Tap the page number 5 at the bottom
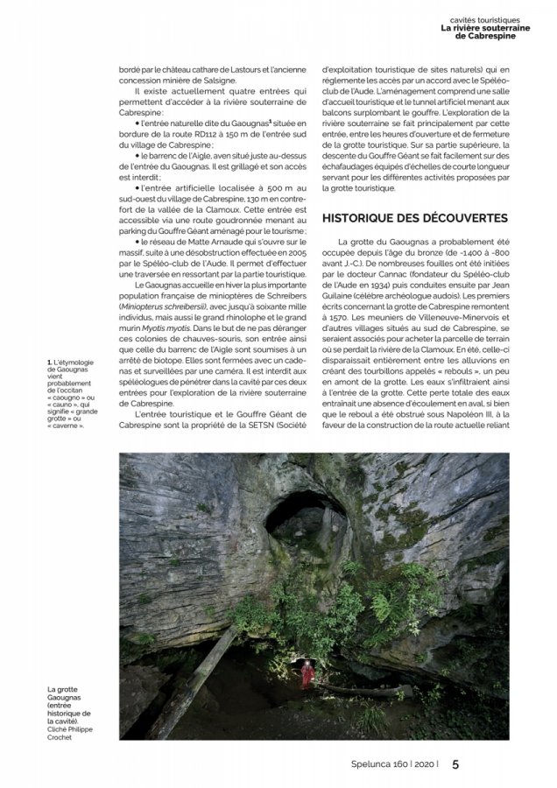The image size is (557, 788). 455,763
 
